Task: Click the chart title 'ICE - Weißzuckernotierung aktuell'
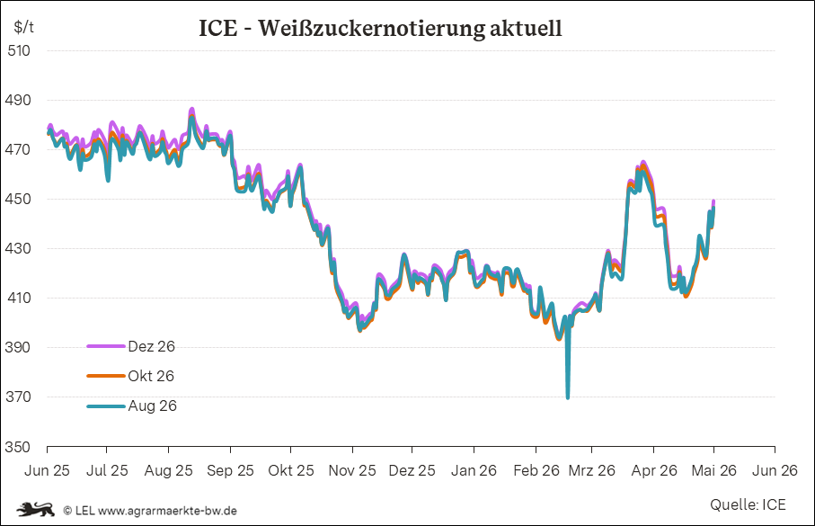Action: pos(380,28)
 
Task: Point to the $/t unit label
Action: pos(24,27)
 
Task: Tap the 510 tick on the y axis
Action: pos(19,50)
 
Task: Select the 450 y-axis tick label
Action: pos(18,199)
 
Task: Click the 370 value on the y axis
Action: pos(18,397)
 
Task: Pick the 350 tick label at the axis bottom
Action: pos(18,447)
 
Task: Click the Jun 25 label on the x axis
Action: pos(47,470)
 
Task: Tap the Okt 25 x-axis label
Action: pos(291,470)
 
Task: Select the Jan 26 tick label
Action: pos(474,470)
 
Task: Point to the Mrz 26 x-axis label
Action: pos(591,470)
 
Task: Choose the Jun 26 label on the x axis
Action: pos(775,470)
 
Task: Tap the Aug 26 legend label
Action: pos(152,406)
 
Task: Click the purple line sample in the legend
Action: pos(106,346)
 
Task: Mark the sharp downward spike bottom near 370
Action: pos(568,398)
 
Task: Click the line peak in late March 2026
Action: pos(643,163)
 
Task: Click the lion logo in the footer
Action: pos(36,509)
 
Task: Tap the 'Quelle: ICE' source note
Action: pos(748,504)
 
